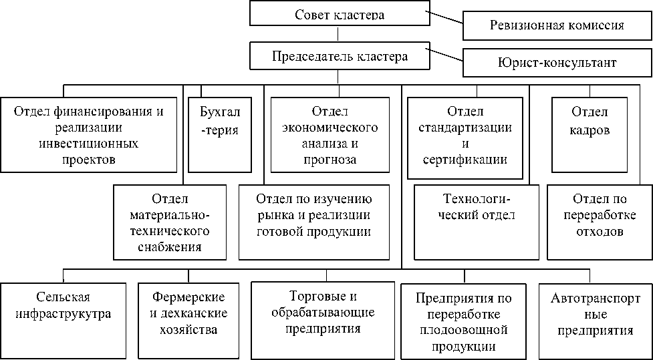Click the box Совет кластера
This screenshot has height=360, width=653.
coord(339,14)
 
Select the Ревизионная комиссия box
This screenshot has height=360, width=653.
coord(557,26)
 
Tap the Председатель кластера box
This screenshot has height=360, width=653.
coord(339,56)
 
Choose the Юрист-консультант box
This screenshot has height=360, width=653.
coord(557,62)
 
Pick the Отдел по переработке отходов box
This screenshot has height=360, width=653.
coord(600,222)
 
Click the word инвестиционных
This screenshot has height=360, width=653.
coord(88,144)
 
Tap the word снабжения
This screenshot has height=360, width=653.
coord(170,247)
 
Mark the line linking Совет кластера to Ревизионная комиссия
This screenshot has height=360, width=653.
coord(445,19)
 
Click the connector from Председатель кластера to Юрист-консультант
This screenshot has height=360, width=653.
coord(445,59)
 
